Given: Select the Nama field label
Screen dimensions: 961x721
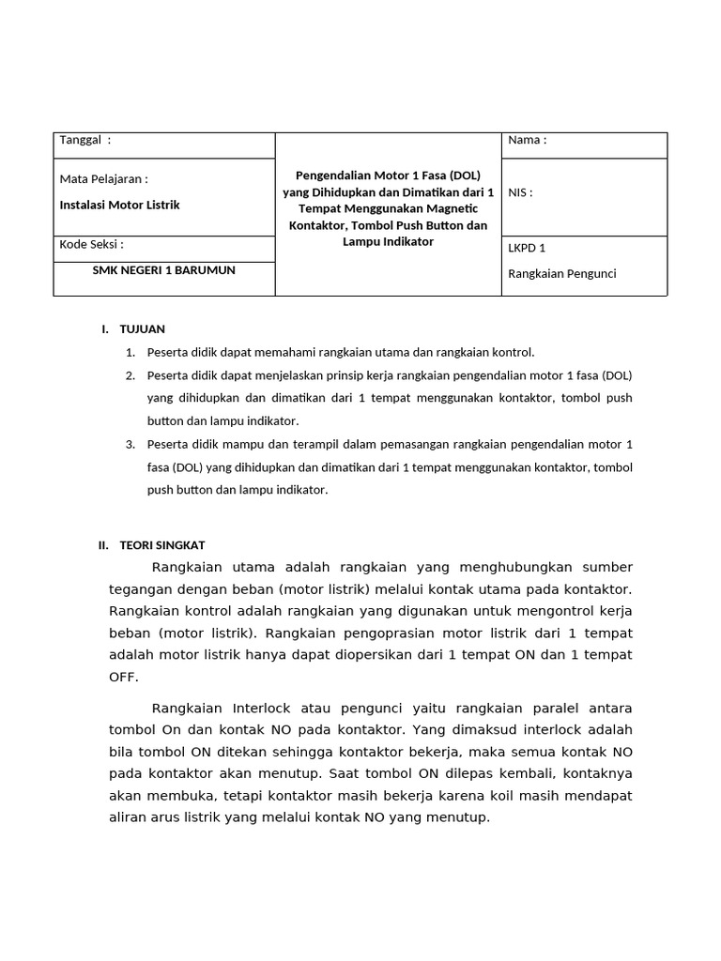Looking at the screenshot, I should click(527, 141).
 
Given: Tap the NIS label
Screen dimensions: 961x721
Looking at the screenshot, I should click(520, 192).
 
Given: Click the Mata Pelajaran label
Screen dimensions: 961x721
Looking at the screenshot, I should click(103, 179).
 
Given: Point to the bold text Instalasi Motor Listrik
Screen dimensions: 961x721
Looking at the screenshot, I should click(119, 205).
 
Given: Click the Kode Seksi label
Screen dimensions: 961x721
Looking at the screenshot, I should click(91, 244).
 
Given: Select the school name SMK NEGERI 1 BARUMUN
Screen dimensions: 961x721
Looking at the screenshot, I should click(163, 270).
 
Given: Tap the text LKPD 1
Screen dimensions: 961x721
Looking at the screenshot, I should click(527, 249).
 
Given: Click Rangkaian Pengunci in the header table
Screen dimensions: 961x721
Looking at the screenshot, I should click(562, 274).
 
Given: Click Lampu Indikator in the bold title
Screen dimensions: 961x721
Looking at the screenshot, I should click(388, 242).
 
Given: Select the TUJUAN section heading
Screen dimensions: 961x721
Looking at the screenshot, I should click(142, 328).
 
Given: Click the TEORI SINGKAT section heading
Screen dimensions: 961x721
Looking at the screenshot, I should click(162, 545).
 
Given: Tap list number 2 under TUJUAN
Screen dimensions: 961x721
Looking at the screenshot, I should click(130, 375).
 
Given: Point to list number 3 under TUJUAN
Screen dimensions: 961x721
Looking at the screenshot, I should click(130, 444).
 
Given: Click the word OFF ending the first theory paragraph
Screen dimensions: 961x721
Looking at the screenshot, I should click(124, 677).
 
